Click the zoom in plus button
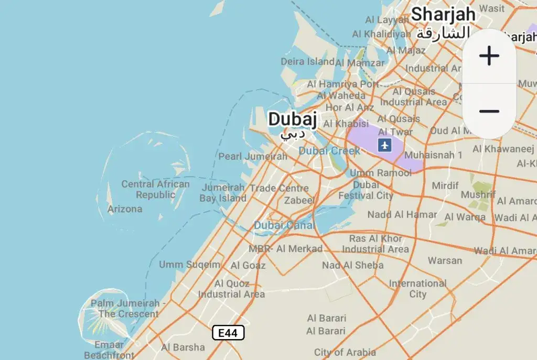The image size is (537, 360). pos(489,56)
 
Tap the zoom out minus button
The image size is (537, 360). pos(489,111)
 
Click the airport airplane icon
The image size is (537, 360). pos(385,145)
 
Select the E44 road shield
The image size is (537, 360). pos(228,333)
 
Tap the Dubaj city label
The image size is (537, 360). pos(292,119)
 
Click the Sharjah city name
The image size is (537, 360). pos(443,14)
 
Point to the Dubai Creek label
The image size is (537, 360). pos(329,151)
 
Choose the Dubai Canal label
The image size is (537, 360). pos(284,225)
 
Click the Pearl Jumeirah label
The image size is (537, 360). pos(253,156)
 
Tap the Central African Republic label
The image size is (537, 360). pos(156,189)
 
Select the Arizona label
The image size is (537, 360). pos(125,209)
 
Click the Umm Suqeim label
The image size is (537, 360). pos(190,265)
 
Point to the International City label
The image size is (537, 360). pos(417,289)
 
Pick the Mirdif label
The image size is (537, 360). pos(445,186)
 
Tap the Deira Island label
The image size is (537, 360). pos(308,61)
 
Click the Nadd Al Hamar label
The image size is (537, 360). pos(402,214)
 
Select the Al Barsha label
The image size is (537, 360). pos(183,347)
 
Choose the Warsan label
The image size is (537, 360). pos(445,260)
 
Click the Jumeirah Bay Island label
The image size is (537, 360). pos(223,193)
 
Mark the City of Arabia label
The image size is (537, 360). pos(345,352)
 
